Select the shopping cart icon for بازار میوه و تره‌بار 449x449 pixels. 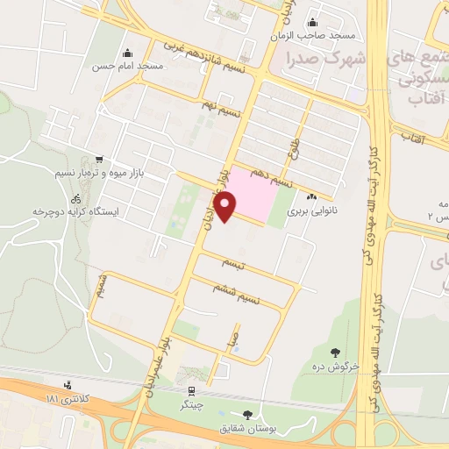point(98,160)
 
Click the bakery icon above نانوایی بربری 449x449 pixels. point(313,196)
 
